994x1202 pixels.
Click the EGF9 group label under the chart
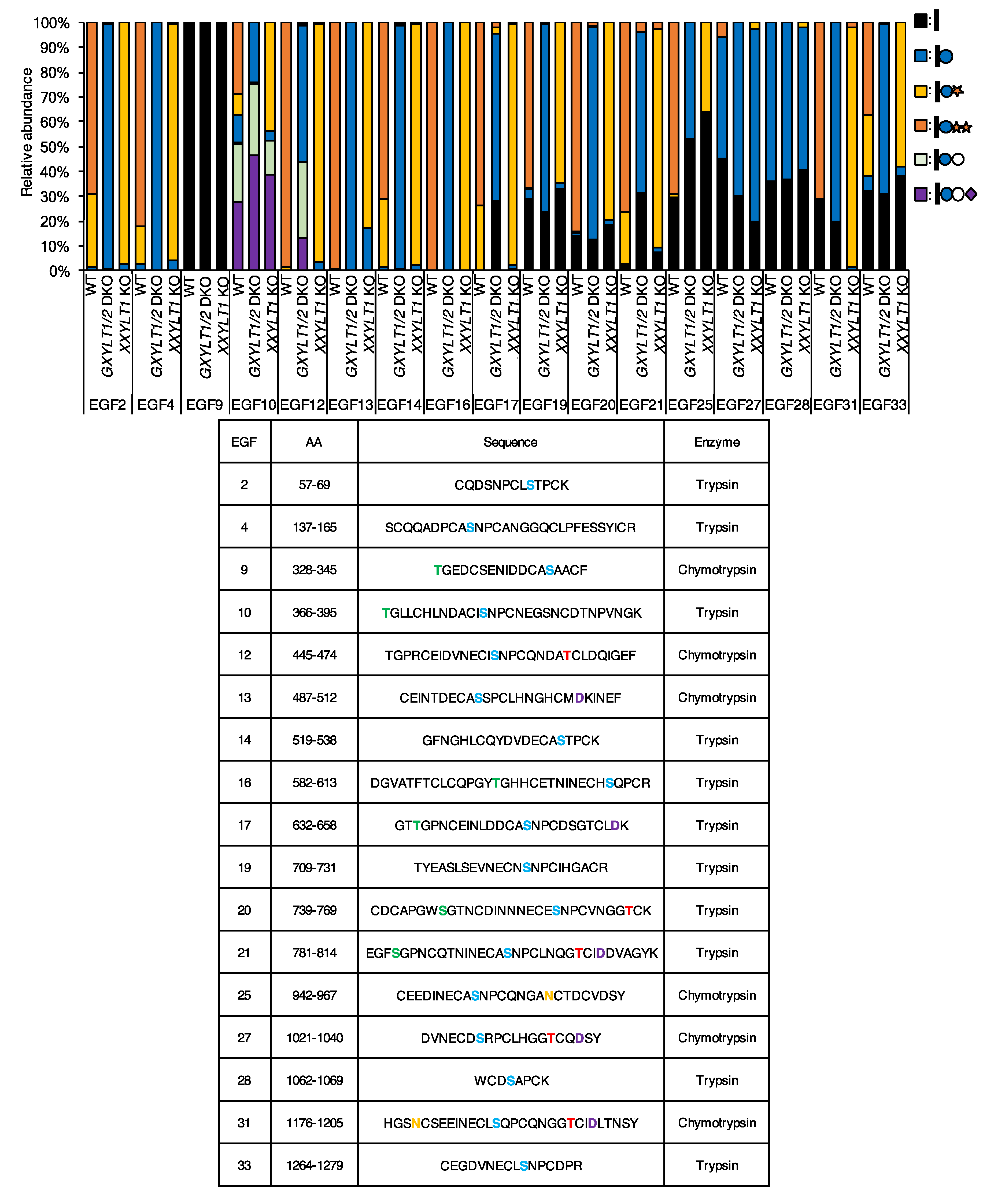pos(204,405)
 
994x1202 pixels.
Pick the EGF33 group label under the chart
pos(884,405)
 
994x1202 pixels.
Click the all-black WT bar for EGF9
pos(189,146)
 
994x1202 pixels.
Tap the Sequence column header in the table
pos(510,442)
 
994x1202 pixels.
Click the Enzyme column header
pos(717,442)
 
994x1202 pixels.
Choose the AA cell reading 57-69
pos(314,485)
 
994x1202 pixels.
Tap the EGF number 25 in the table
pos(245,995)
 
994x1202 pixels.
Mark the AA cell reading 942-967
pos(314,995)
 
